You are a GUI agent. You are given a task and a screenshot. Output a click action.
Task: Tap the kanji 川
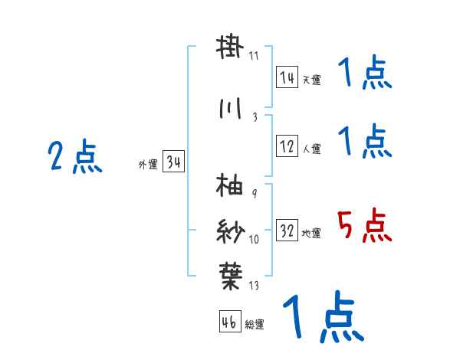[x=230, y=110]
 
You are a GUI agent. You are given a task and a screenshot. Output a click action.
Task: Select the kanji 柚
[x=230, y=186]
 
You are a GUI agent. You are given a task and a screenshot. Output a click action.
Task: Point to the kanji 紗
[x=230, y=230]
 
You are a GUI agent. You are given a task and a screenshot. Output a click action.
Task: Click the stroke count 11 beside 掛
[x=254, y=56]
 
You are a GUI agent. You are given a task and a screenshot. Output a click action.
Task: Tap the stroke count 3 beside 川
[x=254, y=116]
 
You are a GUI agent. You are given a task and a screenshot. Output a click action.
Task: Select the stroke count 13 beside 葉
[x=254, y=286]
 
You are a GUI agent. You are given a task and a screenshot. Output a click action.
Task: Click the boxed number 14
[x=287, y=77]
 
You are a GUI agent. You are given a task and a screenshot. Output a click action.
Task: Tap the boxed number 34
[x=173, y=163]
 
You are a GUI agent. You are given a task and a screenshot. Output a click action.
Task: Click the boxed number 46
[x=229, y=322]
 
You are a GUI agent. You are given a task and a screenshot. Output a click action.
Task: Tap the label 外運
[x=148, y=165]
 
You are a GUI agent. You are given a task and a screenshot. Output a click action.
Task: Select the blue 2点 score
[x=74, y=158]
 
